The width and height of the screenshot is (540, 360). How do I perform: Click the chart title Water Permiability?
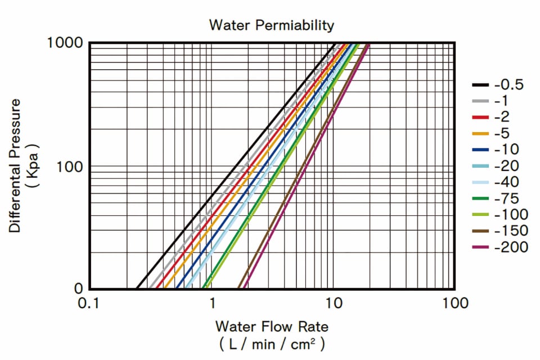[271, 25]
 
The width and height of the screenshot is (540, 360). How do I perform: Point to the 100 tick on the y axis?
[72, 167]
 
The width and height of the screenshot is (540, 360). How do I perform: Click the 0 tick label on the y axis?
[79, 289]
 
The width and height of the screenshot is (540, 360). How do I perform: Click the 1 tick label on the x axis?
[213, 303]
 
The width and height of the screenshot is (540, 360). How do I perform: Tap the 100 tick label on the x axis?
[454, 303]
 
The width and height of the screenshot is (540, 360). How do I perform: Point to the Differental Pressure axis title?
[16, 166]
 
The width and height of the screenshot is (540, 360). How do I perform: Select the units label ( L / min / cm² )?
[272, 344]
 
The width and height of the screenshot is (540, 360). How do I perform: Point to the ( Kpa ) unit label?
[34, 166]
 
